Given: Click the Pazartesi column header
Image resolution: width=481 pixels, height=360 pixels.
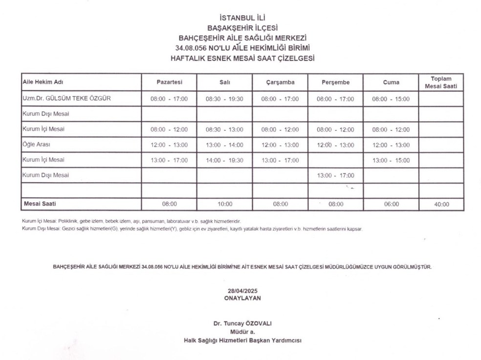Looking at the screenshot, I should tap(169, 83).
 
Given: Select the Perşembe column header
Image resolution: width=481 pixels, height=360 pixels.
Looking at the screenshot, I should tap(335, 83).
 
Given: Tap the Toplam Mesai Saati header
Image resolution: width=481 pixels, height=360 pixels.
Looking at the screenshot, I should tap(441, 83).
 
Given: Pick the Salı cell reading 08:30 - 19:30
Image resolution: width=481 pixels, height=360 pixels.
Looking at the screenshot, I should tap(224, 99).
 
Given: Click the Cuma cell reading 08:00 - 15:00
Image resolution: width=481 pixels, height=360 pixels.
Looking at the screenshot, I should tap(391, 99).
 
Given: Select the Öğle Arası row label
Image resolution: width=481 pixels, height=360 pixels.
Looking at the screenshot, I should tap(36, 145).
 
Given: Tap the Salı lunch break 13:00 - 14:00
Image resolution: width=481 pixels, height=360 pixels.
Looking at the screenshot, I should tap(224, 145).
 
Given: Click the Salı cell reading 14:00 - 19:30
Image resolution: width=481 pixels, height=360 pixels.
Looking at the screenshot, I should tap(224, 160).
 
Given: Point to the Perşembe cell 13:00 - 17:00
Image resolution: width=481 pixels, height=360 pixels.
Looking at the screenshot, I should tap(335, 175).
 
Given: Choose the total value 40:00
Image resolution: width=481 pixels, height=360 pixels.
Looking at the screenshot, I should tap(441, 205).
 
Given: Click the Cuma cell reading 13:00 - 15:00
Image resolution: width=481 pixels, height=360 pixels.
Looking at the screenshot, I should tap(391, 160).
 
